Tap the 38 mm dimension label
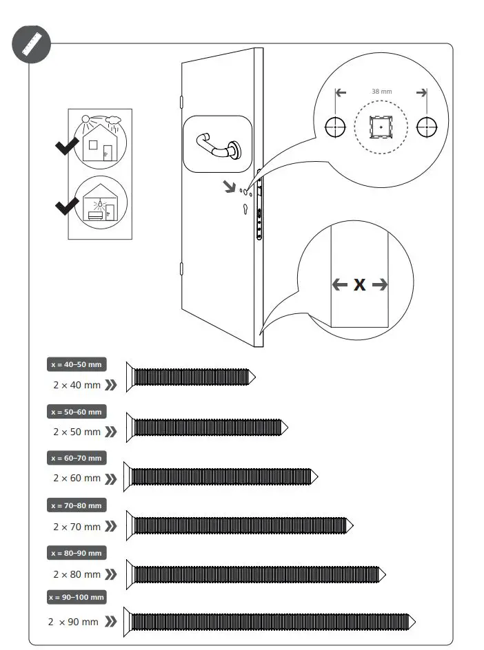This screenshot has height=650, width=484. [x=381, y=92]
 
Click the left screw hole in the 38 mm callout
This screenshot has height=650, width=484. [x=335, y=127]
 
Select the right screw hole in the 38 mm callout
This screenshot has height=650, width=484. [x=427, y=127]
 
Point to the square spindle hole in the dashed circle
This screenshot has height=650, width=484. [x=381, y=127]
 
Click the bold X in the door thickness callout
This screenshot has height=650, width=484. [x=359, y=284]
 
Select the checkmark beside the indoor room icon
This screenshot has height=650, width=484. [x=67, y=205]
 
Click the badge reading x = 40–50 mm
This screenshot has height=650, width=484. [x=77, y=364]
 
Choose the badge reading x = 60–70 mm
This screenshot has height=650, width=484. [x=77, y=458]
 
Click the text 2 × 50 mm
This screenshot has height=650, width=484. [x=77, y=432]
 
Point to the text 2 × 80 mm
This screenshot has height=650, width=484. [x=77, y=574]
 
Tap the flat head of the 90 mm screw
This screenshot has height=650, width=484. [x=127, y=622]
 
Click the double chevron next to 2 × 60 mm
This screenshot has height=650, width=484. [x=110, y=478]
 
